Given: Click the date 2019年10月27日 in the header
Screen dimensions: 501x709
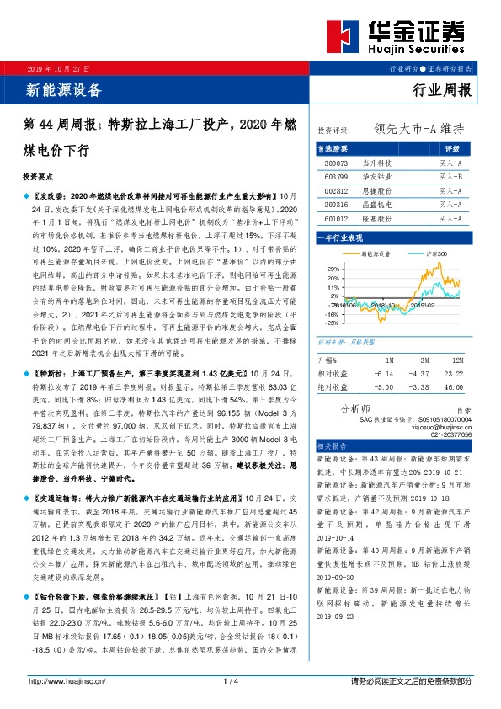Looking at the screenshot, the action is [55, 68].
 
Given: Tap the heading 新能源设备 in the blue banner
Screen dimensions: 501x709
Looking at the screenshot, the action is [65, 89].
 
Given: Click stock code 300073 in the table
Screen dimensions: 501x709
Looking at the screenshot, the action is [333, 163].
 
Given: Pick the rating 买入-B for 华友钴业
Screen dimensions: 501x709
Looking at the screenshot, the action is [450, 177].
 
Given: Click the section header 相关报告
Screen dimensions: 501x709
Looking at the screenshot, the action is [332, 445].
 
